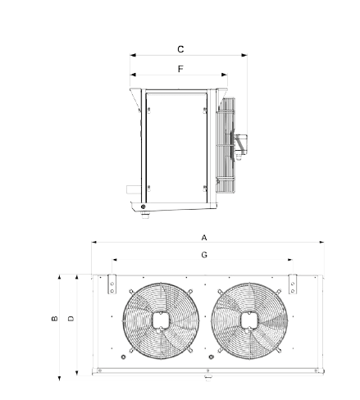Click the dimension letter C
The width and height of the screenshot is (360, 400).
pyautogui.click(x=180, y=49)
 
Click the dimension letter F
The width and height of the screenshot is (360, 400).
pyautogui.click(x=180, y=69)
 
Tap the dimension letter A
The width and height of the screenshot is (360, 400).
pyautogui.click(x=204, y=238)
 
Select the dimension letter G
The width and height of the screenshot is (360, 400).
pyautogui.click(x=204, y=255)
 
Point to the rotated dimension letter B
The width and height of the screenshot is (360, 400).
pyautogui.click(x=54, y=318)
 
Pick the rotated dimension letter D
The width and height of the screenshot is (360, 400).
pyautogui.click(x=71, y=318)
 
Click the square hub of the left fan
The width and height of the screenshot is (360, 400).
pyautogui.click(x=161, y=320)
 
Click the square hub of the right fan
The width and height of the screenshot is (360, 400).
pyautogui.click(x=249, y=320)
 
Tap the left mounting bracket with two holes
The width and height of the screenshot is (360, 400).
pyautogui.click(x=112, y=284)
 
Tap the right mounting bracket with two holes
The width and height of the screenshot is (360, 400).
pyautogui.click(x=293, y=284)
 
